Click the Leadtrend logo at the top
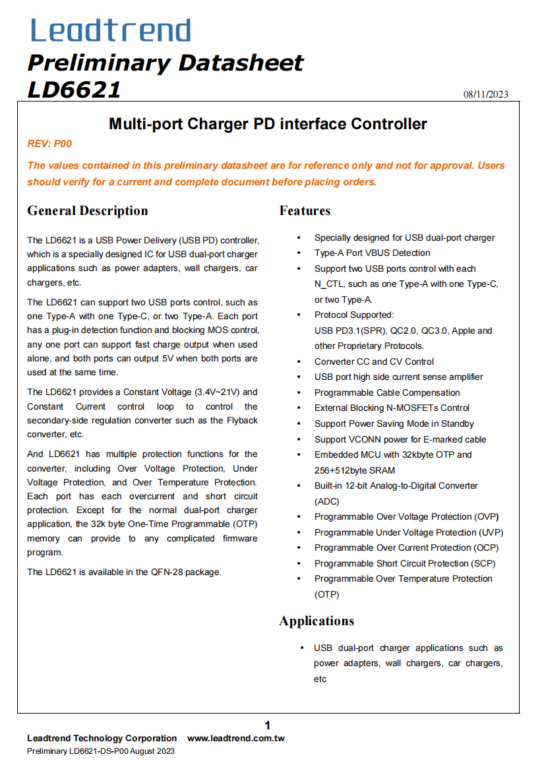click(111, 31)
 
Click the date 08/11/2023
click(486, 94)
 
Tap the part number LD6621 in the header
click(74, 89)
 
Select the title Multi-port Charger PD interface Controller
click(268, 124)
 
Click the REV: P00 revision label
click(49, 144)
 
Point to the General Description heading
click(88, 210)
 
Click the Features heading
click(305, 210)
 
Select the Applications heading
click(317, 621)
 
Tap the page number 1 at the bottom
click(268, 725)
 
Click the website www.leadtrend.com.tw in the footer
click(236, 738)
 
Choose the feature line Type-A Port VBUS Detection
click(372, 253)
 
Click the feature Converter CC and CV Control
click(374, 361)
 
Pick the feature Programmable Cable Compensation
click(387, 392)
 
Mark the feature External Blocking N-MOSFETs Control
click(392, 408)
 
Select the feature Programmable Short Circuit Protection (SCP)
click(405, 563)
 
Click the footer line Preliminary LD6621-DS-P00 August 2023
click(101, 751)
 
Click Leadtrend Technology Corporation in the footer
click(102, 738)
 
